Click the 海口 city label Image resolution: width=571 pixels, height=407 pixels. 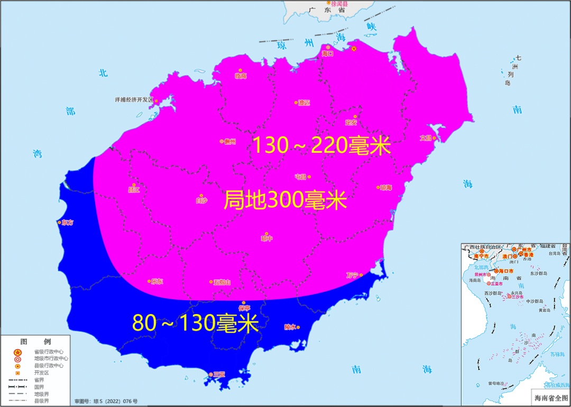(x=327, y=53)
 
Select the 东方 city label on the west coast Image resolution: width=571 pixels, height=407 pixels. (x=67, y=223)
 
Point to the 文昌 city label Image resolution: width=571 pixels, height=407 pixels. (x=426, y=138)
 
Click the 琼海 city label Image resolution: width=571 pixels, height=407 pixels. (x=385, y=188)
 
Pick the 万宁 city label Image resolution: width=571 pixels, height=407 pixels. (x=352, y=275)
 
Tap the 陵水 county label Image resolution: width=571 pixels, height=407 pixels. (x=291, y=327)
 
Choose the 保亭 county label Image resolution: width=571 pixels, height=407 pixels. (x=244, y=308)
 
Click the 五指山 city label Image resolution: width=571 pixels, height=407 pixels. (x=222, y=282)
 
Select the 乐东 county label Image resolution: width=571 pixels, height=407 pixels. (x=157, y=282)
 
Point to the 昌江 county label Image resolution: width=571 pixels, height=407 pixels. (x=134, y=190)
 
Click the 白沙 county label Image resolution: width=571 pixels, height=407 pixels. (x=201, y=200)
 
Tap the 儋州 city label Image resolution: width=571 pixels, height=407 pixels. (x=229, y=142)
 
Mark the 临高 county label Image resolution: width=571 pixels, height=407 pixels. (x=241, y=76)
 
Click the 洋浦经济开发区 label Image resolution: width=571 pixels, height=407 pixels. (x=134, y=99)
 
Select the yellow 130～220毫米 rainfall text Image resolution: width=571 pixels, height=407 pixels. (x=321, y=145)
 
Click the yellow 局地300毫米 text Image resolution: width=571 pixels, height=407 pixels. (x=285, y=200)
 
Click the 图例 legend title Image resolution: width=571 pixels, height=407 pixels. (x=35, y=341)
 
